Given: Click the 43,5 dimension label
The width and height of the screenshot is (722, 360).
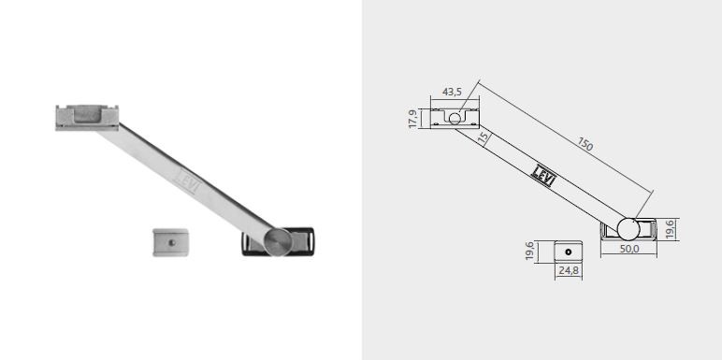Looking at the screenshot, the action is (452, 92).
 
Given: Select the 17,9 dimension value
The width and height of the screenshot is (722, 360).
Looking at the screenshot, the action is (413, 119).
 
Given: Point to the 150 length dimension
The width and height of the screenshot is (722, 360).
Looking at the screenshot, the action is (585, 145).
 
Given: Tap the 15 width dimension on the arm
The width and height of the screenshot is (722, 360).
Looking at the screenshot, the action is (483, 138).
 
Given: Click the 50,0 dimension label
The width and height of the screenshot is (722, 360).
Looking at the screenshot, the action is (629, 249).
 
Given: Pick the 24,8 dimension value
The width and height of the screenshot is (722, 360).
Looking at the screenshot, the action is (569, 270).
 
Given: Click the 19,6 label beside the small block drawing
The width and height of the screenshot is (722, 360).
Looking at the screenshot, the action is (529, 252).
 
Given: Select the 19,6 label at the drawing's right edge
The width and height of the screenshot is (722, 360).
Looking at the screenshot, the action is (670, 229).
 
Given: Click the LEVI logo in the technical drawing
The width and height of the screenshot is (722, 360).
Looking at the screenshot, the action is (543, 176).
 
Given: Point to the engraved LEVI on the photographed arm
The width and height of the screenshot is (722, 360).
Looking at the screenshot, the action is (187, 178).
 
